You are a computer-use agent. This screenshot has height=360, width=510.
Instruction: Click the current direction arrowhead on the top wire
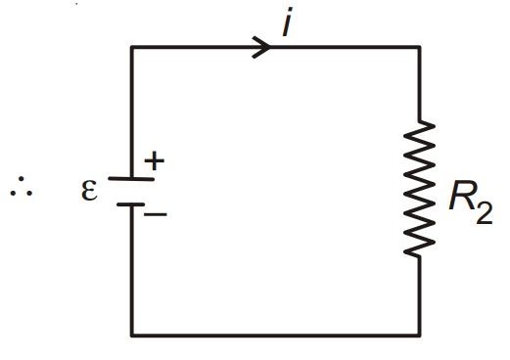(261, 47)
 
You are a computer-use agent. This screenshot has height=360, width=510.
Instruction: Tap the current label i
(287, 22)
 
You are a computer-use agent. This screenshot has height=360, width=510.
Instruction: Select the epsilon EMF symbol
(89, 190)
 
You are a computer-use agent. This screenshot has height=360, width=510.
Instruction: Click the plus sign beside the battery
(155, 160)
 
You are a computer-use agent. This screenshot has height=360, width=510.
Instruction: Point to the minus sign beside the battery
(156, 214)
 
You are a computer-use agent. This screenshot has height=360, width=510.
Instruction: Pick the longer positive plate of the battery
(131, 179)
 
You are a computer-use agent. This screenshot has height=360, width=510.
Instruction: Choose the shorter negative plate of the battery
(130, 204)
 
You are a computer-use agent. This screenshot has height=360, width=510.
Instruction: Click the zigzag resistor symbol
(419, 189)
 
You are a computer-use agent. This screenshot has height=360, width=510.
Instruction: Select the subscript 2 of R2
(485, 213)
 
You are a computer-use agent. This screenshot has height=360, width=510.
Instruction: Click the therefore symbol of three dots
(22, 187)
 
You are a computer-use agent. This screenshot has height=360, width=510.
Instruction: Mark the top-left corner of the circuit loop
(131, 47)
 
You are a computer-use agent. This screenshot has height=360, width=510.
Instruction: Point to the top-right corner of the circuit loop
(419, 47)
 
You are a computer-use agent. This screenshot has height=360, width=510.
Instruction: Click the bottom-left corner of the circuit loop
(131, 335)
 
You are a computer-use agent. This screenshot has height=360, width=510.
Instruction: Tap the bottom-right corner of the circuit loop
(419, 335)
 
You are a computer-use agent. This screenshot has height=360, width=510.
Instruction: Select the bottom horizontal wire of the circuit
(275, 335)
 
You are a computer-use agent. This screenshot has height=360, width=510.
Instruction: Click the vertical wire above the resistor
(419, 84)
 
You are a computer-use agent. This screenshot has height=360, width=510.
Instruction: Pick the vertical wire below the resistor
(419, 296)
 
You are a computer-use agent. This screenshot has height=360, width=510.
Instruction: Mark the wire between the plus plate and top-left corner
(131, 112)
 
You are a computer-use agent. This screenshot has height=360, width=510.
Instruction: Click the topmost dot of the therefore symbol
(22, 179)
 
